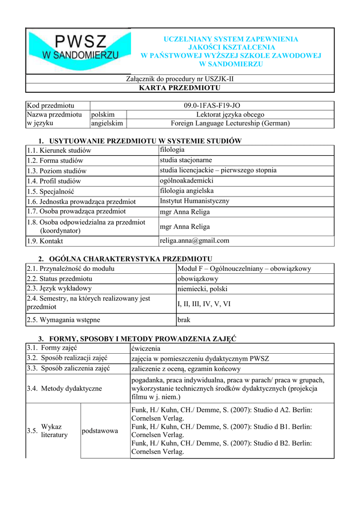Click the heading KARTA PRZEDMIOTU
pos(180,88)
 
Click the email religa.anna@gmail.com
pos(194,241)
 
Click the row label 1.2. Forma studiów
pos(55,161)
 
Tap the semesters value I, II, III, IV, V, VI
pos(204,304)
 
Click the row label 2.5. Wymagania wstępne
pos(59,320)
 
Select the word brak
pos(184,320)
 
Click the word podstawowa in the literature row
pos(100,431)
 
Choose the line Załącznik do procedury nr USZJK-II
pos(180,79)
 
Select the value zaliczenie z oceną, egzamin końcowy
pos(186,369)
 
